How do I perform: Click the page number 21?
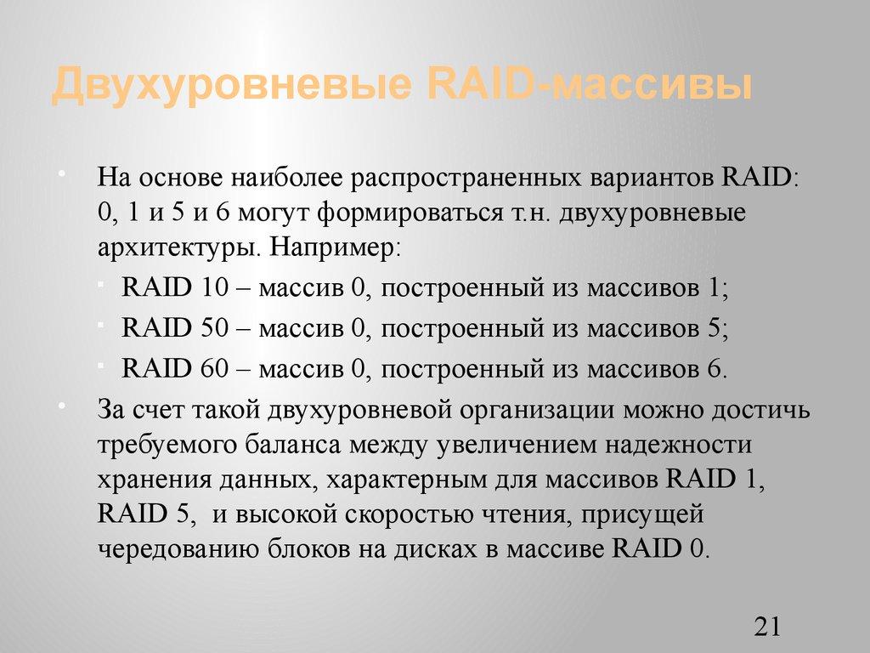766,627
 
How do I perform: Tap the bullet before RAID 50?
101,324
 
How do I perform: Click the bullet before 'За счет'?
61,405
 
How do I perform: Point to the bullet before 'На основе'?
61,174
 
